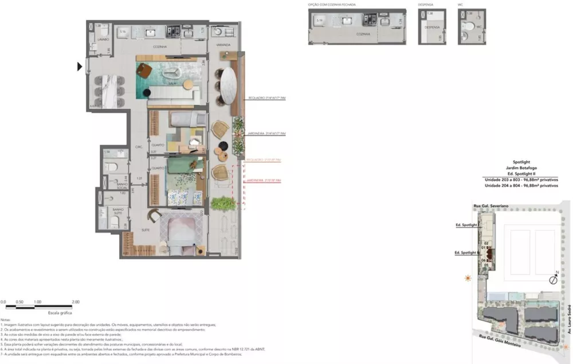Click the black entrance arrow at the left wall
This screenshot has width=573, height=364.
pyautogui.click(x=81, y=67)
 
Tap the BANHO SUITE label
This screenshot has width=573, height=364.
pyautogui.click(x=119, y=211)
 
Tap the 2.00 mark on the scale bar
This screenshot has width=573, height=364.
pyautogui.click(x=75, y=302)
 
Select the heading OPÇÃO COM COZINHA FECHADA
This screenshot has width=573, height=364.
pyautogui.click(x=332, y=4)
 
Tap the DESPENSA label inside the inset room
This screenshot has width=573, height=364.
pyautogui.click(x=431, y=27)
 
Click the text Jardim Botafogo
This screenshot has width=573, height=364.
pyautogui.click(x=520, y=168)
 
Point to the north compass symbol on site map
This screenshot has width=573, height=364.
pyautogui.click(x=554, y=280)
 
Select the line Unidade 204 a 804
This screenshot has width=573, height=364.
pyautogui.click(x=520, y=186)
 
